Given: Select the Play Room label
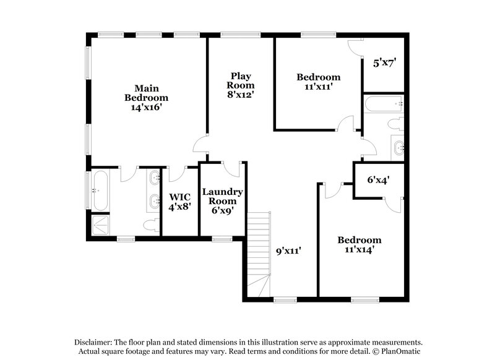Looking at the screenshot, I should click(x=240, y=80).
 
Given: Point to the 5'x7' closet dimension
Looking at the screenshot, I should click(x=384, y=62).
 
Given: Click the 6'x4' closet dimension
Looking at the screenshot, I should click(x=378, y=180).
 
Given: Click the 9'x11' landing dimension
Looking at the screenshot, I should click(x=288, y=251).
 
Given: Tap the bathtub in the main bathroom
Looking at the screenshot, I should click(x=100, y=190).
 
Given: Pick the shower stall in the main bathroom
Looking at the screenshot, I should click(x=100, y=225).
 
